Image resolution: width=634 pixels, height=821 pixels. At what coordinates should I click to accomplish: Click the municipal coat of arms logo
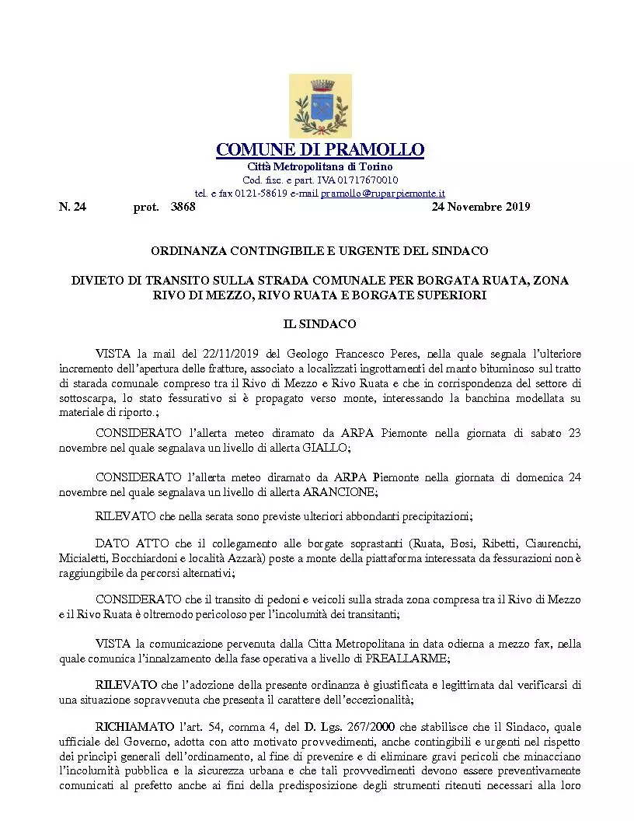pos(319,106)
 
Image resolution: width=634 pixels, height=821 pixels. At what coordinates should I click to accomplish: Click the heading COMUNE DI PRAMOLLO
pos(319,149)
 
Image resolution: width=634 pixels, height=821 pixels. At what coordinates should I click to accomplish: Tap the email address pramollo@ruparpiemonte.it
pos(382,193)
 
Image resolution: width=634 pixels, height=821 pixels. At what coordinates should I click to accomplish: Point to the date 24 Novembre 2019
pos(480,207)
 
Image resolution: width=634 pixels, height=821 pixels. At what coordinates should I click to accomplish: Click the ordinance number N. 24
pos(72,207)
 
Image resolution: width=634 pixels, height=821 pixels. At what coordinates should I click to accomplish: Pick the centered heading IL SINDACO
pos(319,323)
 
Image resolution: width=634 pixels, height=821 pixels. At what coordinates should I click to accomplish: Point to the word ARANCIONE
pos(343,492)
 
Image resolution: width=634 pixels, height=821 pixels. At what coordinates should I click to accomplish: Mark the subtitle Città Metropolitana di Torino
pos(319,167)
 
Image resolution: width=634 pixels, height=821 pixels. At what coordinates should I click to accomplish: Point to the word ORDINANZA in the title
pos(185,251)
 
